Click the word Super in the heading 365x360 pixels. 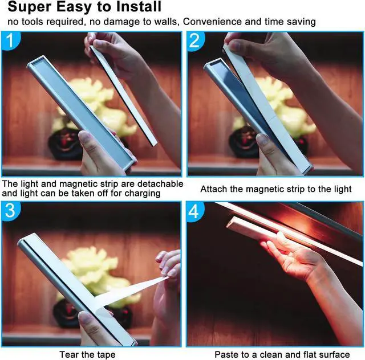[29, 7]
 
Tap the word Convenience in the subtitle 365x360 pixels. [219, 22]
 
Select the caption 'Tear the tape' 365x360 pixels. [87, 354]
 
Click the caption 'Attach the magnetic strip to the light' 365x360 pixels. [276, 189]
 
